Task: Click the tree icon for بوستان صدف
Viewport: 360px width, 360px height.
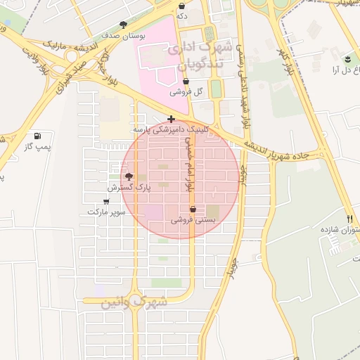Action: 124,24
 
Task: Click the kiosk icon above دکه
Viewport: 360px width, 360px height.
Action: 181,6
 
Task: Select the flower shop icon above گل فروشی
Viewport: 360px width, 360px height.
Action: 186,82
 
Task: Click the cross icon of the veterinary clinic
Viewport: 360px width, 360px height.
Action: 171,119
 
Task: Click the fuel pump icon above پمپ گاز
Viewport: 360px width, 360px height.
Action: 37,136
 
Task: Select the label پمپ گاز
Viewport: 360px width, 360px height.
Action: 38,146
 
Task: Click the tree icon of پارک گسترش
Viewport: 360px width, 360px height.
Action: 129,176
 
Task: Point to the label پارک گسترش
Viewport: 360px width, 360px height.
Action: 129,188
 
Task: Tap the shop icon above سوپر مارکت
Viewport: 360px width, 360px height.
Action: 106,201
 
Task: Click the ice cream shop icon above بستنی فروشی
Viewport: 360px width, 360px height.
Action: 193,209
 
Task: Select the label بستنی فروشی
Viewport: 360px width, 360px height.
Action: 192,220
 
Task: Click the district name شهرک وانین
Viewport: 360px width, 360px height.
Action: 134,302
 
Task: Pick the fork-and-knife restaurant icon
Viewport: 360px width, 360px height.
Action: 349,219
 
